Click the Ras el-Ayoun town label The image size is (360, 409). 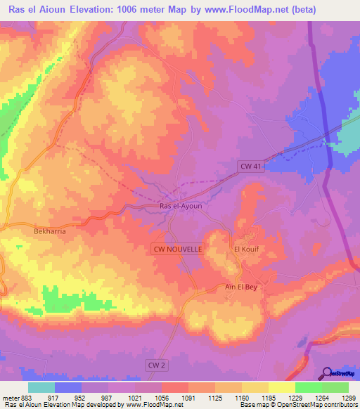pyautogui.click(x=181, y=205)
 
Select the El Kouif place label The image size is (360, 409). pyautogui.click(x=247, y=249)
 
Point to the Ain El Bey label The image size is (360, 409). pyautogui.click(x=243, y=286)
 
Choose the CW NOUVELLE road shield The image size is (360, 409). pyautogui.click(x=178, y=249)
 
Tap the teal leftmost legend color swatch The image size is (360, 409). pyautogui.click(x=41, y=387)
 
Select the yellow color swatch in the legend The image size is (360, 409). pyautogui.click(x=281, y=387)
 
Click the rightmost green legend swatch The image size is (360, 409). pyautogui.click(x=335, y=387)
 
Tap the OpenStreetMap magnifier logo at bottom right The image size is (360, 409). pyautogui.click(x=327, y=373)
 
